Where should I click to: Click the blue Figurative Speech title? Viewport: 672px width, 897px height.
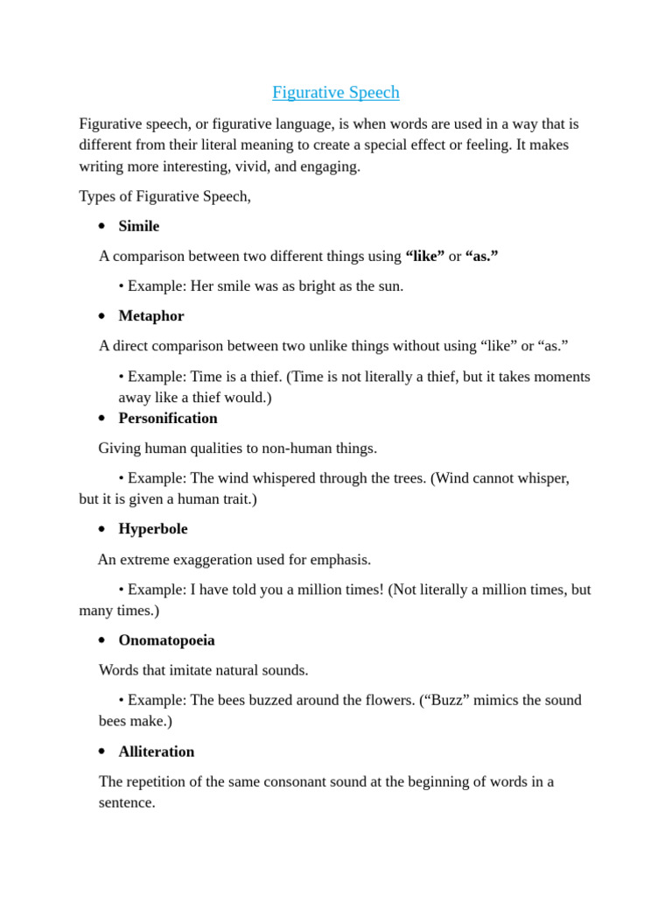click(335, 92)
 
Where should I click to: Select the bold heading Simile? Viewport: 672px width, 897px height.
click(139, 226)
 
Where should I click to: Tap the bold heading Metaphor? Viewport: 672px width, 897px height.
click(151, 315)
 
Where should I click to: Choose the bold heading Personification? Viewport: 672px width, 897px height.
click(168, 418)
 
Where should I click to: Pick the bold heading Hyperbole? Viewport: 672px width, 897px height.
click(153, 529)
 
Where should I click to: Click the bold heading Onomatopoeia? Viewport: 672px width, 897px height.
click(166, 640)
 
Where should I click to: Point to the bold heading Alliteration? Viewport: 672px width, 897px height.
click(157, 752)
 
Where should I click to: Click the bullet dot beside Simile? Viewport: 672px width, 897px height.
click(101, 226)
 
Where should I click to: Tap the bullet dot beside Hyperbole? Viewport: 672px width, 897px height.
click(101, 529)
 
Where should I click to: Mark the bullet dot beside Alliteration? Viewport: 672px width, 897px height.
click(101, 752)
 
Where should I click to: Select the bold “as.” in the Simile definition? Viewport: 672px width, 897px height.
click(482, 256)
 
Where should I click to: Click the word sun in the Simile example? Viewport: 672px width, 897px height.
click(388, 286)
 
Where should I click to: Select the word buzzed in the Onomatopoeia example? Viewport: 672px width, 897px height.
click(281, 700)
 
